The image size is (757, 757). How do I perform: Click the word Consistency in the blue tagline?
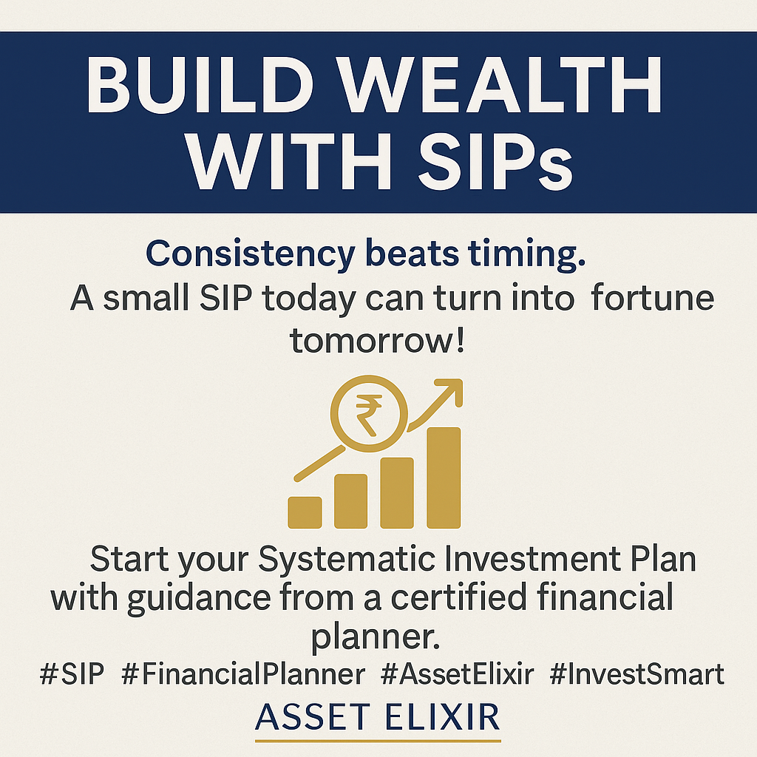(251, 254)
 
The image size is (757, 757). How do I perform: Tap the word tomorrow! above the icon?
(377, 340)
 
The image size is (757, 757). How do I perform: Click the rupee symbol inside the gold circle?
(368, 415)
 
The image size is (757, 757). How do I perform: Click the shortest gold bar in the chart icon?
(305, 512)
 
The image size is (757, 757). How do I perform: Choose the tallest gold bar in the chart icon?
(444, 478)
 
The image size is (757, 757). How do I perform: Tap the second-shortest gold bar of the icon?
(351, 501)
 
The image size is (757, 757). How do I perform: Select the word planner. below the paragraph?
(376, 637)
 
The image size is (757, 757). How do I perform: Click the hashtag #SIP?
(72, 674)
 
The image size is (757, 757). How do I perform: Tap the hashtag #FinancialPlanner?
(243, 674)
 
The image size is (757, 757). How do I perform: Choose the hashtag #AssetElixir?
(457, 674)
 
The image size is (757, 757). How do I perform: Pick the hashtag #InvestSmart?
(637, 674)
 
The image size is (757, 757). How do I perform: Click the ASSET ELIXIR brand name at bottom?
(377, 717)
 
